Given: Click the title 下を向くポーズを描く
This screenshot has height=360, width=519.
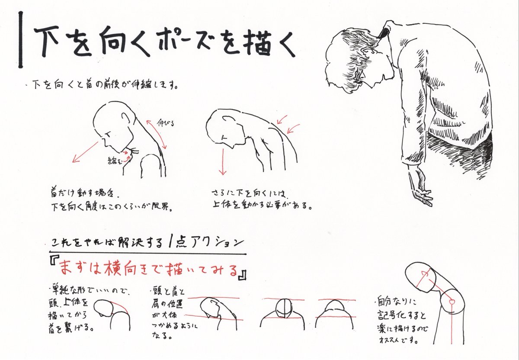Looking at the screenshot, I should tap(164, 42).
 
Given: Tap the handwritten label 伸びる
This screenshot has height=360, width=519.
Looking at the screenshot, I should tap(166, 124).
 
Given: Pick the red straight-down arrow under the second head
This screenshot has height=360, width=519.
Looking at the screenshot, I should tap(223, 160).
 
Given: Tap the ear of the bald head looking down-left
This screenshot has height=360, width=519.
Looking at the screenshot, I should tap(125, 119).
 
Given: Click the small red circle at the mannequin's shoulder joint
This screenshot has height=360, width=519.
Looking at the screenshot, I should tap(452, 300).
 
